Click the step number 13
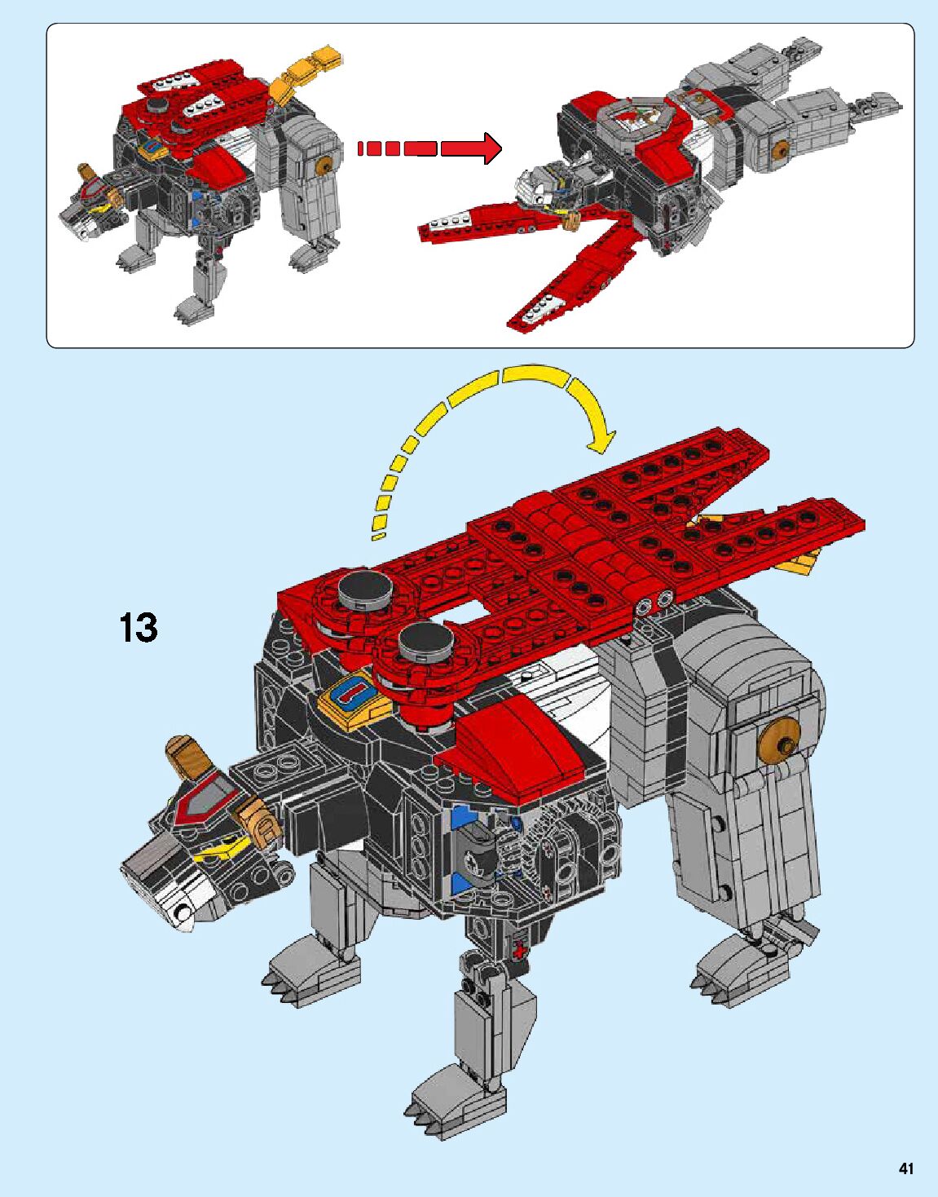pyautogui.click(x=139, y=628)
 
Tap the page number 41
pyautogui.click(x=905, y=1168)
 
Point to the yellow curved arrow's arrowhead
pyautogui.click(x=600, y=439)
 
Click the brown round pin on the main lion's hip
pyautogui.click(x=777, y=743)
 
